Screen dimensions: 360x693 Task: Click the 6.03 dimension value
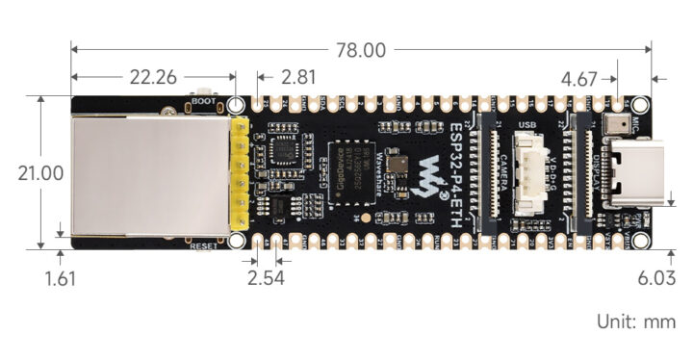pyautogui.click(x=656, y=279)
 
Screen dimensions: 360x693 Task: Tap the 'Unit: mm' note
pyautogui.click(x=636, y=321)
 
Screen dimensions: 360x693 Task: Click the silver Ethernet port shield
pyautogui.click(x=149, y=172)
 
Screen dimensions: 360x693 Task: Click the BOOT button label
pyautogui.click(x=203, y=99)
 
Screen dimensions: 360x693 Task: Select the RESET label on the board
pyautogui.click(x=204, y=247)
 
